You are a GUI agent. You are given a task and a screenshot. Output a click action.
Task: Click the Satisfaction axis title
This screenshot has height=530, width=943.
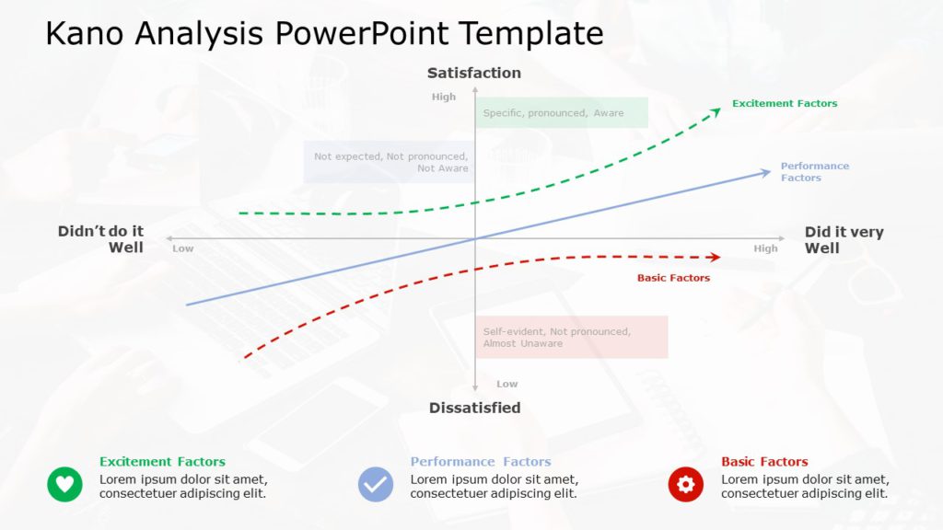coord(473,73)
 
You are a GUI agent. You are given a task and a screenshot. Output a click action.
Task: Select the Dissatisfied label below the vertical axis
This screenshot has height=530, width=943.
coord(474,408)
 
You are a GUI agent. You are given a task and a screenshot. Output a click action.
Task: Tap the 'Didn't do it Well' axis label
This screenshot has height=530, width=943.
coord(101,239)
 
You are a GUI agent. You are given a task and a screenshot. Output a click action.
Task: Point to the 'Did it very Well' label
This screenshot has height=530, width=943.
coord(844,239)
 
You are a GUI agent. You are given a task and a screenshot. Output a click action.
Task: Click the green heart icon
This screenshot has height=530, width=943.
coord(64,483)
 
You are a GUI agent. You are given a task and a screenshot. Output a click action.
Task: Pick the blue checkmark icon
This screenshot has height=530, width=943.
coord(376,483)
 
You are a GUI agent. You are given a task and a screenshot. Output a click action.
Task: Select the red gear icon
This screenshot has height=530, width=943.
coord(685,483)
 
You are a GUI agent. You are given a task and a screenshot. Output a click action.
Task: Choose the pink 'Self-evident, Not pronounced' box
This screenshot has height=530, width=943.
coord(571,337)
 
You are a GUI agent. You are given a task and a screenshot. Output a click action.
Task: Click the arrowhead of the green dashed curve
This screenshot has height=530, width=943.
coord(716,111)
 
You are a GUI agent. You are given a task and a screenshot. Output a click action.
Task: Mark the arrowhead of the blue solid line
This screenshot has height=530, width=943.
coord(765,172)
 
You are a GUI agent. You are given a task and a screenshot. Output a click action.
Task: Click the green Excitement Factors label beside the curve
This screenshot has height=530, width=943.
coord(785,104)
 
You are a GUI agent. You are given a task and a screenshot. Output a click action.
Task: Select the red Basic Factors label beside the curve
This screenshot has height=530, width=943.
coord(673,278)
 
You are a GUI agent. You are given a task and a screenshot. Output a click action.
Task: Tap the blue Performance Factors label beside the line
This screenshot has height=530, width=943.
coord(814,172)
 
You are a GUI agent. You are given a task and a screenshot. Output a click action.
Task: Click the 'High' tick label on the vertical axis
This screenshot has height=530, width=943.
coord(443,97)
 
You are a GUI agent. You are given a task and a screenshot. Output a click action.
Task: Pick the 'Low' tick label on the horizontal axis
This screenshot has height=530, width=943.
coord(183,248)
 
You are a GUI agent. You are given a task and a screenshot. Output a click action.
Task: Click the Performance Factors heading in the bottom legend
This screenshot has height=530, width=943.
coord(480,462)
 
